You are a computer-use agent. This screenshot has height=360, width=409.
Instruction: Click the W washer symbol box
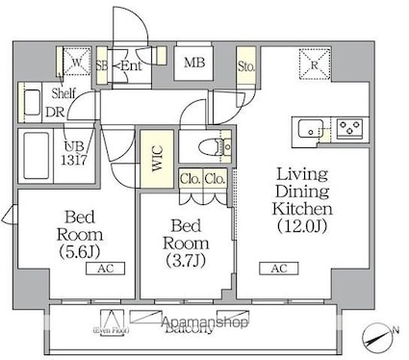click(x=77, y=64)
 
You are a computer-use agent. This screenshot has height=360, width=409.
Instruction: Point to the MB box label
click(x=194, y=64)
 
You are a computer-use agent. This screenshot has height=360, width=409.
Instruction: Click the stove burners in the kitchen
click(x=346, y=125)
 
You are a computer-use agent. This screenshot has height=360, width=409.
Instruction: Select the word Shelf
click(x=64, y=92)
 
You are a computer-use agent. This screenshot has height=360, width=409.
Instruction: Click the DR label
click(x=56, y=111)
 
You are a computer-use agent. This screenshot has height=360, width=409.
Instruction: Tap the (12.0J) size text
click(x=305, y=227)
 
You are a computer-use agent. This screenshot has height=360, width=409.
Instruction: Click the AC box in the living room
click(x=278, y=268)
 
